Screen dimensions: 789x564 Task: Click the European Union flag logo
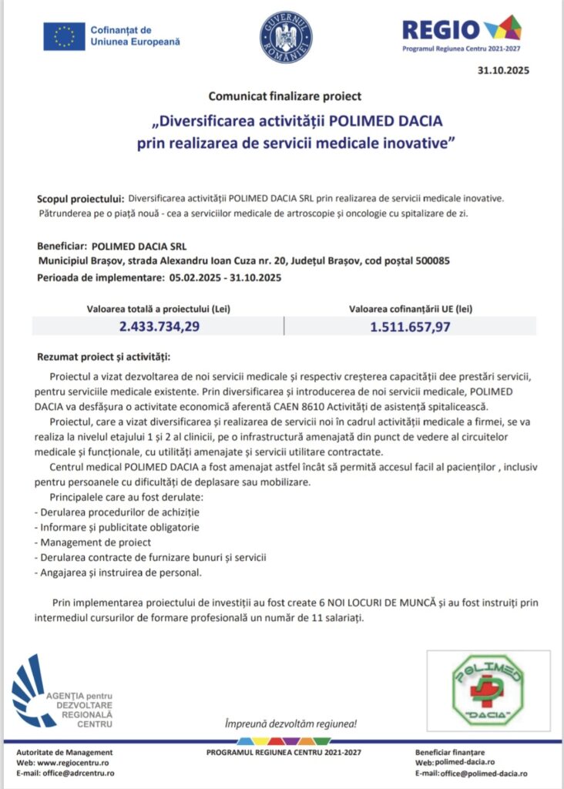pyautogui.click(x=64, y=35)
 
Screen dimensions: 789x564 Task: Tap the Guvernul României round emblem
pyautogui.click(x=286, y=36)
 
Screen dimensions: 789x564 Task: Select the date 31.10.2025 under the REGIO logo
pyautogui.click(x=504, y=71)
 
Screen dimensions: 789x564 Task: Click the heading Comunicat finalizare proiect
pyautogui.click(x=284, y=96)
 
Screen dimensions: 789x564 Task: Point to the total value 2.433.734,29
pyautogui.click(x=159, y=326)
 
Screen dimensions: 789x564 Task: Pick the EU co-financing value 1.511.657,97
pyautogui.click(x=410, y=326)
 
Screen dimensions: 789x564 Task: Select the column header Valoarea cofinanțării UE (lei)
pyautogui.click(x=410, y=308)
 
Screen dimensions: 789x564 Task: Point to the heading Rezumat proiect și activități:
pyautogui.click(x=104, y=358)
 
